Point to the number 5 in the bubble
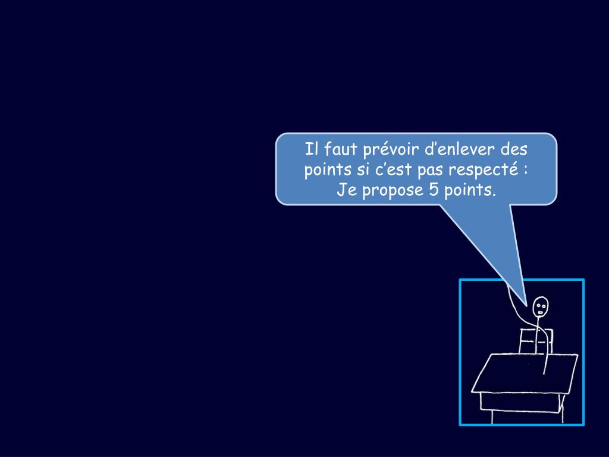pos(432,191)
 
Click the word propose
pos(392,192)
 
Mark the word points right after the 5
pos(470,191)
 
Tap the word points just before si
pos(328,170)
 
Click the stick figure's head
pos(541,307)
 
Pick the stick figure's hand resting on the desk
pos(544,371)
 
